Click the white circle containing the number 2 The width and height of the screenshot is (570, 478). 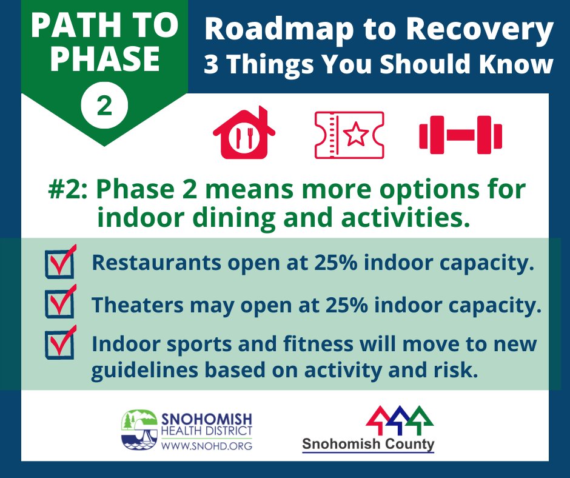click(104, 106)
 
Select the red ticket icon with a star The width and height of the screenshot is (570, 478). click(349, 135)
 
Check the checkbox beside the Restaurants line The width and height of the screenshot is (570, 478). click(59, 264)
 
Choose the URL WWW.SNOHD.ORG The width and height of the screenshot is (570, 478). click(206, 446)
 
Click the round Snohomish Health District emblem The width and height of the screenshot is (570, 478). click(140, 430)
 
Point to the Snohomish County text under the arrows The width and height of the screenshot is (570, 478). click(368, 444)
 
